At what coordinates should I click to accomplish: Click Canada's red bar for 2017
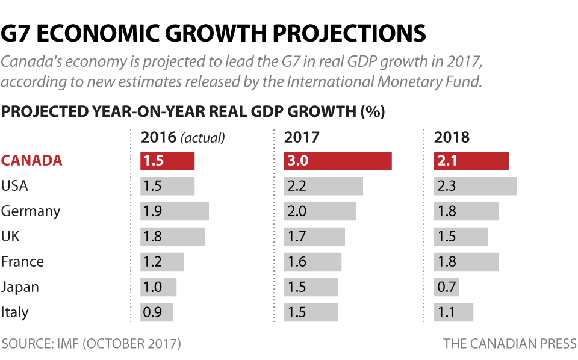pyautogui.click(x=338, y=161)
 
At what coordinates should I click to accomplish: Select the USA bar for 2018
pyautogui.click(x=475, y=186)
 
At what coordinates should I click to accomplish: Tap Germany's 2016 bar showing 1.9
pyautogui.click(x=175, y=211)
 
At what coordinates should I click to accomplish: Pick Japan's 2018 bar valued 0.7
pyautogui.click(x=446, y=287)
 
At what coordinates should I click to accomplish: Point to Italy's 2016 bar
pyautogui.click(x=157, y=312)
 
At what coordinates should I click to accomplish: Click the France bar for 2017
pyautogui.click(x=312, y=262)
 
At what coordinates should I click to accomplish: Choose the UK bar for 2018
pyautogui.click(x=461, y=237)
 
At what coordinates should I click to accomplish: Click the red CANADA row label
pyautogui.click(x=32, y=161)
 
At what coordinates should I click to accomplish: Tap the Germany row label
pyautogui.click(x=31, y=211)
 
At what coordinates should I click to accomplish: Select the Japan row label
pyautogui.click(x=20, y=287)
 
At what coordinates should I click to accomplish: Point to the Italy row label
pyautogui.click(x=15, y=312)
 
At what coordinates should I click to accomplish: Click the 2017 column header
pyautogui.click(x=302, y=137)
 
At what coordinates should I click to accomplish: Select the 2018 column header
pyautogui.click(x=452, y=137)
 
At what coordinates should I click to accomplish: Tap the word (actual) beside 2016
pyautogui.click(x=203, y=138)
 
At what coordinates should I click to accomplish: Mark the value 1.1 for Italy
pyautogui.click(x=447, y=312)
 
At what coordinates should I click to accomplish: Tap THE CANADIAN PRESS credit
pyautogui.click(x=510, y=344)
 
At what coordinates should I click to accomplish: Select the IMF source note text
pyautogui.click(x=91, y=344)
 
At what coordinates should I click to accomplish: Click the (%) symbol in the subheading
pyautogui.click(x=372, y=111)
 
